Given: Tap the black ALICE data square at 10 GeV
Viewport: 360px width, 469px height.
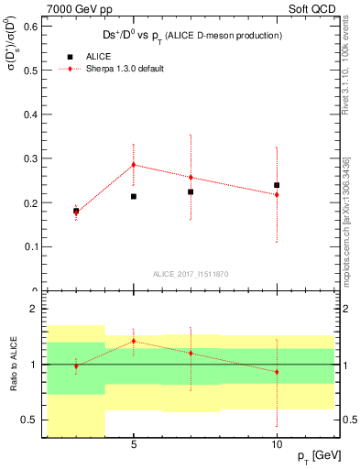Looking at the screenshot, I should (x=277, y=185).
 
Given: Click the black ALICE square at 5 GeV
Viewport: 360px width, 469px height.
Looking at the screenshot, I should (x=134, y=196).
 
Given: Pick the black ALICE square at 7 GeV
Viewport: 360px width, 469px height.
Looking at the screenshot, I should (x=191, y=191).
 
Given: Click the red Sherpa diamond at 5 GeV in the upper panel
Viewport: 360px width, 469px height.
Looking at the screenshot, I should (x=134, y=165).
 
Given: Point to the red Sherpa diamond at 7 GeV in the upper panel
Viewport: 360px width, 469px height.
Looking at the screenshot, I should (x=191, y=177).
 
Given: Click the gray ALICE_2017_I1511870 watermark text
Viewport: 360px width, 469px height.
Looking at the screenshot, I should (x=191, y=273).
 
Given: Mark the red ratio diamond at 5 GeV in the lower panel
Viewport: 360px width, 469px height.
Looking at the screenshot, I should (x=134, y=341).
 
